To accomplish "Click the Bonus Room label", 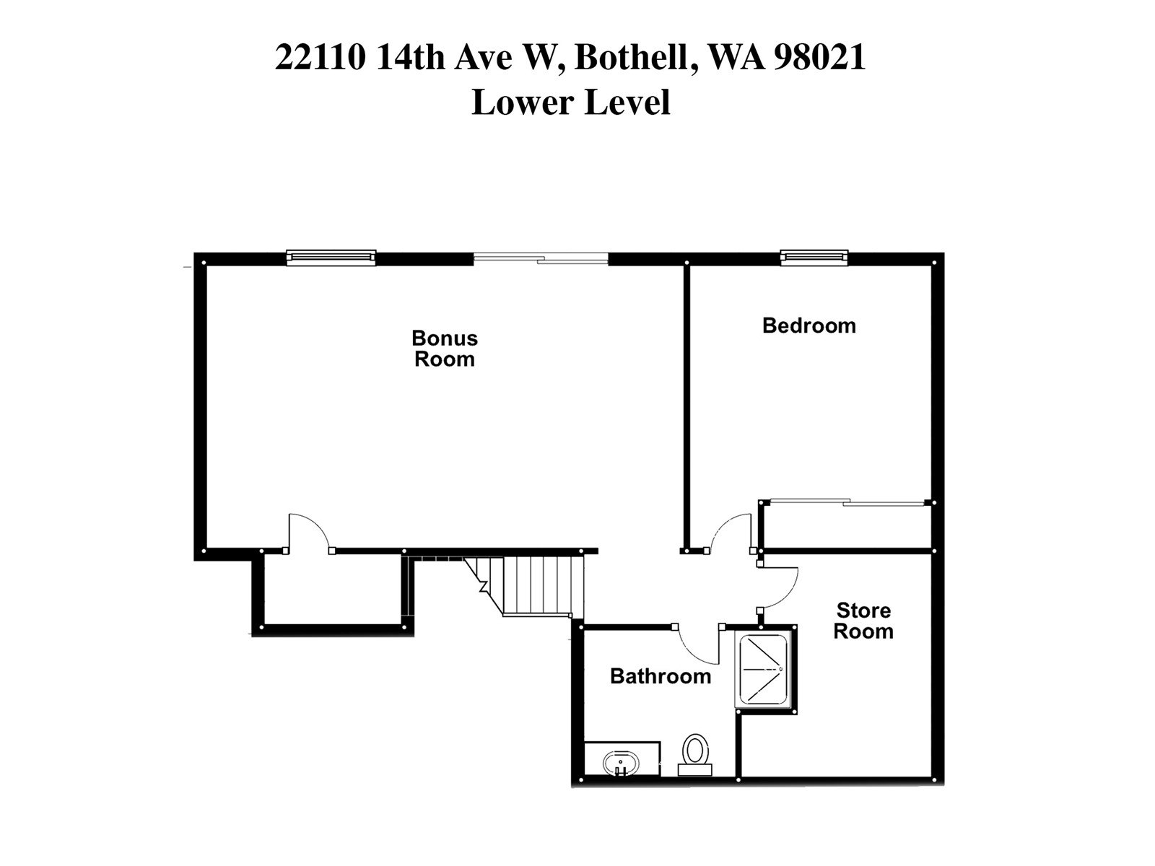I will tap(445, 349).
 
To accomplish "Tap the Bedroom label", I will tap(808, 325).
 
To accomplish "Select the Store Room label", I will tap(863, 621).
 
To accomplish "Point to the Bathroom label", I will tap(660, 676).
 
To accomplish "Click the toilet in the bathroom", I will tap(695, 753).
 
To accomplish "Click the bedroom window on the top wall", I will tap(814, 257).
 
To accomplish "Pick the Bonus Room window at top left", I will tap(331, 257).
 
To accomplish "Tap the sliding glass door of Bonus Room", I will tap(541, 258).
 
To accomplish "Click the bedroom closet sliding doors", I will tap(848, 502).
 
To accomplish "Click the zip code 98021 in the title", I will tap(819, 57).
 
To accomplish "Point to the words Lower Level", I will tap(570, 102).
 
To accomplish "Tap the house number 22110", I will tap(320, 57).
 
